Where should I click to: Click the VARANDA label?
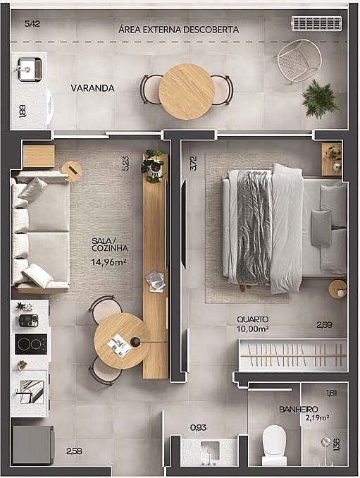(x=92, y=88)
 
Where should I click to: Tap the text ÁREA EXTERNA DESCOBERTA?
(x=178, y=30)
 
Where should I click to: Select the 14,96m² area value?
(x=108, y=262)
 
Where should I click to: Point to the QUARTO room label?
(x=253, y=319)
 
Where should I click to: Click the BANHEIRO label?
(x=299, y=409)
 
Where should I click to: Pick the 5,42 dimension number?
(x=32, y=23)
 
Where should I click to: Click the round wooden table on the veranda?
(x=187, y=91)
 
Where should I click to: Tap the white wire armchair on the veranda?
(x=299, y=61)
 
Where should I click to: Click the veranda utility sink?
(x=29, y=70)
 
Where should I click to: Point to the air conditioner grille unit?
(x=316, y=23)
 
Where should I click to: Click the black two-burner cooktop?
(x=31, y=344)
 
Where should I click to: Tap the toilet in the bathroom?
(x=274, y=445)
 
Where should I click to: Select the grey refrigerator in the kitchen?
(x=33, y=445)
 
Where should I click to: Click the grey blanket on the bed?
(x=254, y=228)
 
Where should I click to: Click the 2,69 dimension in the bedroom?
(x=324, y=325)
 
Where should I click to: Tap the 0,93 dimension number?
(x=198, y=427)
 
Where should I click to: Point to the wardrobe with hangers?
(x=293, y=355)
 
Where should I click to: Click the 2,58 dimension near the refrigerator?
(x=74, y=451)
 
